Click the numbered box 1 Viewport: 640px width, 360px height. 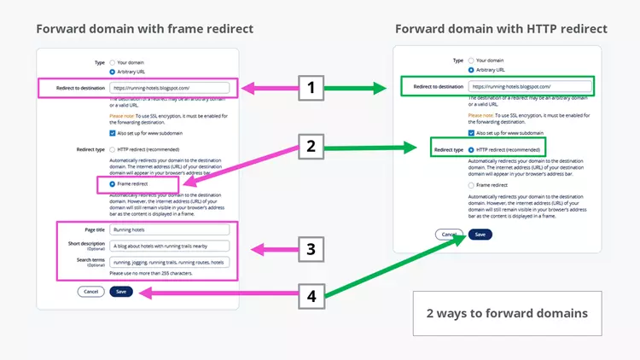pyautogui.click(x=311, y=87)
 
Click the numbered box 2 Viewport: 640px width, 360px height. pyautogui.click(x=311, y=146)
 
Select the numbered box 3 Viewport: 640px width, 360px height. pyautogui.click(x=311, y=250)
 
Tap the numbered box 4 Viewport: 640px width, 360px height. pyautogui.click(x=311, y=298)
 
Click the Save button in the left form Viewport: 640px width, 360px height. pyautogui.click(x=121, y=291)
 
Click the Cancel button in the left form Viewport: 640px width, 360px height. pyautogui.click(x=90, y=291)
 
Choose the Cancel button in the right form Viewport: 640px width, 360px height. pyautogui.click(x=448, y=234)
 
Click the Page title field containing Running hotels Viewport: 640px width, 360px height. pyautogui.click(x=170, y=229)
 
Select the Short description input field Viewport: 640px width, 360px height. pyautogui.click(x=170, y=246)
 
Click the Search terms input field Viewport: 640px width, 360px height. pyautogui.click(x=170, y=262)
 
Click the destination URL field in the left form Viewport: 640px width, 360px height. pyautogui.click(x=170, y=87)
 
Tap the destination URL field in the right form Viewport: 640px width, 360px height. pyautogui.click(x=529, y=86)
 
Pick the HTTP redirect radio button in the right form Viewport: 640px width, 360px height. pyautogui.click(x=472, y=149)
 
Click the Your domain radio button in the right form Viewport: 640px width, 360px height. pyautogui.click(x=472, y=61)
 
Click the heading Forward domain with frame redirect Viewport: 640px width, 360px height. pyautogui.click(x=144, y=29)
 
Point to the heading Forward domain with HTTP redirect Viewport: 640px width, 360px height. pyautogui.click(x=501, y=29)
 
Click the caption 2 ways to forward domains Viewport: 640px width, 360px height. pyautogui.click(x=507, y=313)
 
